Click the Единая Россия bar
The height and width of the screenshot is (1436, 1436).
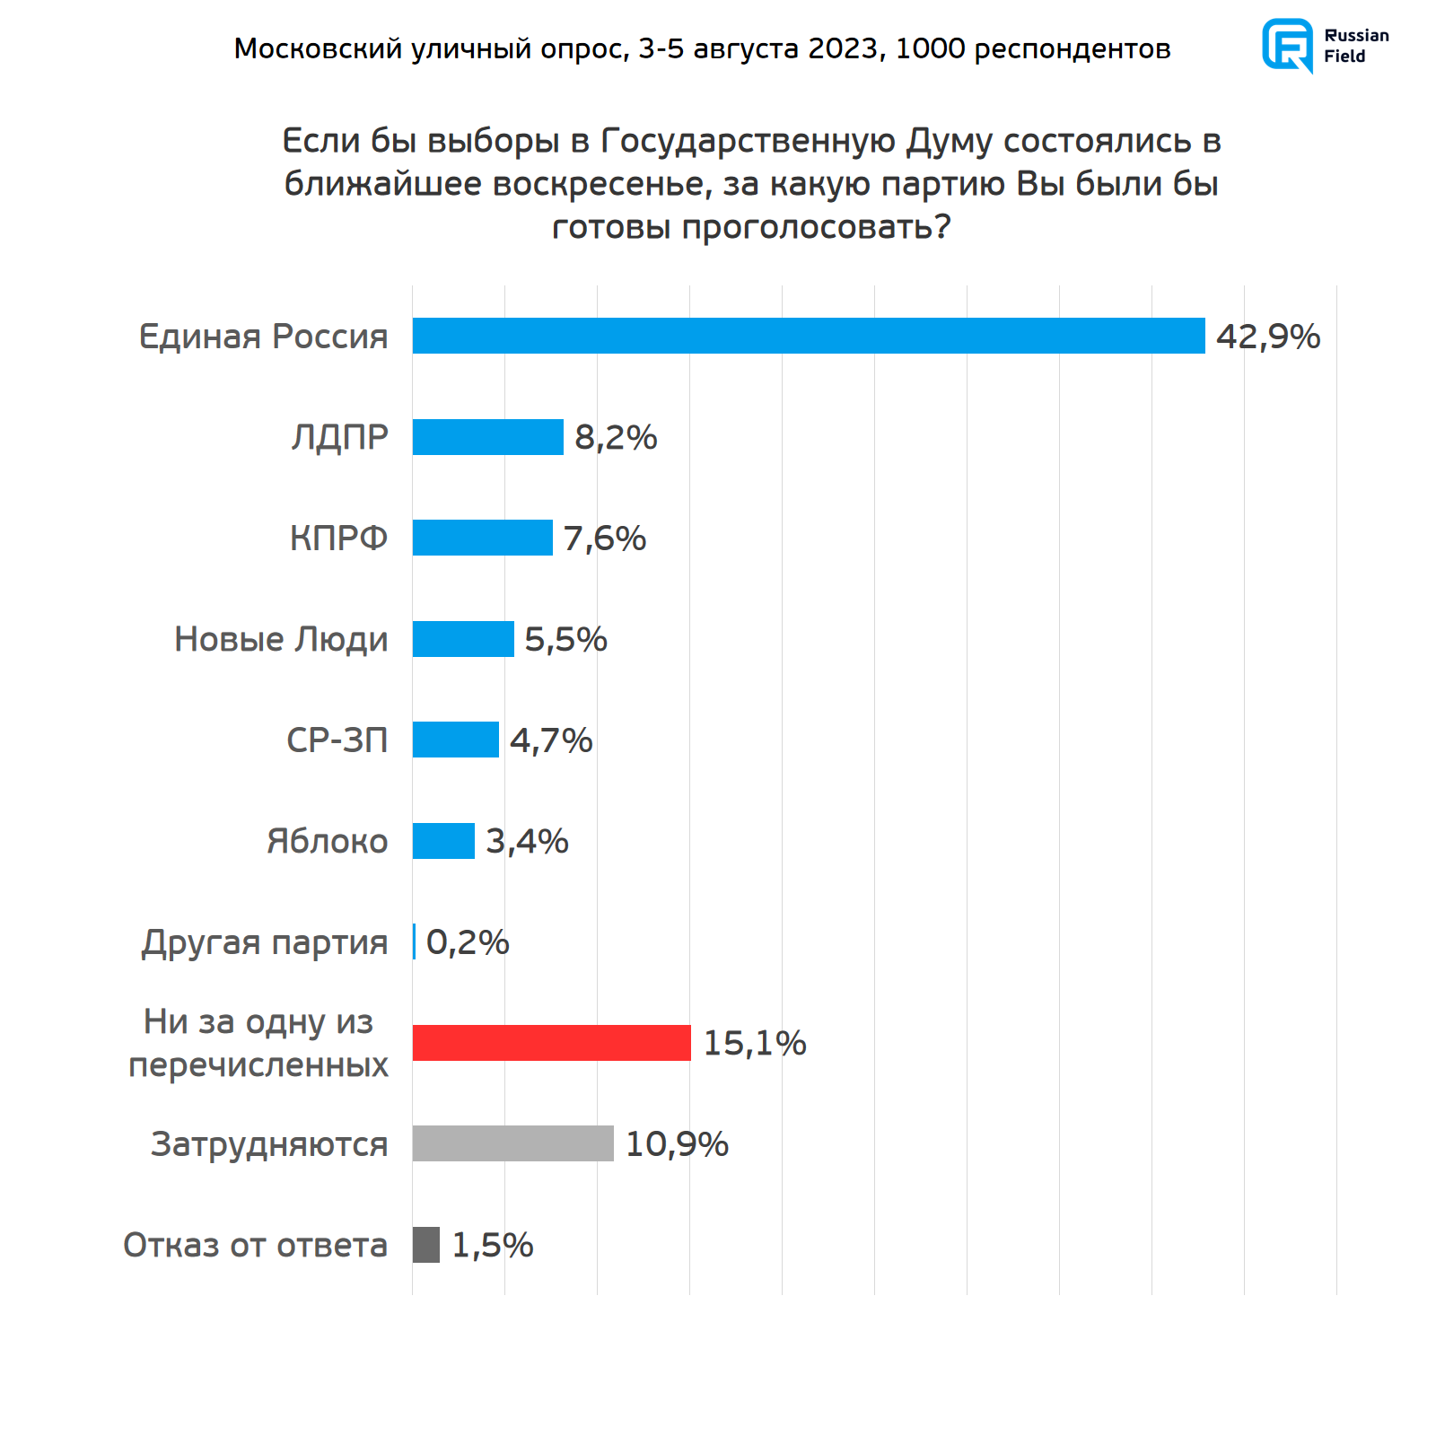[x=808, y=336]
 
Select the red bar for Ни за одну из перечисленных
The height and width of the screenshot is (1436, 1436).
[x=551, y=1043]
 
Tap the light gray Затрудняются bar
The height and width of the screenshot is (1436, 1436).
[x=512, y=1143]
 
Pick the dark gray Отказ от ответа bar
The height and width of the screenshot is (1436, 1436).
[x=426, y=1245]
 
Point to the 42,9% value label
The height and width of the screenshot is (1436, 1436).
[x=1267, y=337]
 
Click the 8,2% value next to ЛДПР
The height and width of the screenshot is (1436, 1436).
[x=616, y=438]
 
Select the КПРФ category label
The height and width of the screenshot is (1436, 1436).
[x=338, y=538]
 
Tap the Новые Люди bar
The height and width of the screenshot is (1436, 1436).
[x=463, y=639]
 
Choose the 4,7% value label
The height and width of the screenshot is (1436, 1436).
[x=551, y=740]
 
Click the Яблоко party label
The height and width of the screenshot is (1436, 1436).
[x=327, y=842]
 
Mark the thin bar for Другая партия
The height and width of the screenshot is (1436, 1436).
[x=414, y=941]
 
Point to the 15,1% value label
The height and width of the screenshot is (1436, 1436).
[x=754, y=1044]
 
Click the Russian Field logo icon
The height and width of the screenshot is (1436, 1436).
[x=1287, y=45]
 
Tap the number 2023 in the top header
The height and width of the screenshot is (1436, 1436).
[x=846, y=48]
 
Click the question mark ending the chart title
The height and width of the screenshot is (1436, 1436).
[x=942, y=227]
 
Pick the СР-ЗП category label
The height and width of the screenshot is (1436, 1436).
[x=337, y=740]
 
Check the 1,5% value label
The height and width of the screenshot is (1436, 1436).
[x=492, y=1246]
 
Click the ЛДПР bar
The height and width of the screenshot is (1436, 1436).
[x=487, y=437]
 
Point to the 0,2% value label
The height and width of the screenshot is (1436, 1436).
[x=467, y=942]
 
